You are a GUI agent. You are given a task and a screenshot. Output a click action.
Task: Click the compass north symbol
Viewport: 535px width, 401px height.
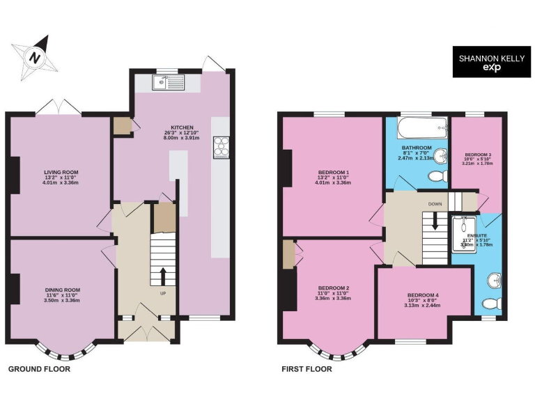click(x=33, y=56)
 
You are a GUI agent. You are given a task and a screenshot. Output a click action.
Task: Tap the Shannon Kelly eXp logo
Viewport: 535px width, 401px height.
click(x=486, y=62)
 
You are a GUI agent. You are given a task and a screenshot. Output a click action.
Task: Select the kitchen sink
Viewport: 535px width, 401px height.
click(x=166, y=84)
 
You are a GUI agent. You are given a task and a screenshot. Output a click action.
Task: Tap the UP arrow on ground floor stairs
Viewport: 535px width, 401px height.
click(x=162, y=276)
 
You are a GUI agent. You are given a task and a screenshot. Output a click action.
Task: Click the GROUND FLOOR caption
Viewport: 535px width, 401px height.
click(x=39, y=369)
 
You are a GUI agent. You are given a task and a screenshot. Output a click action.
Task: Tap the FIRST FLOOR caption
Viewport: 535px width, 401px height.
click(x=307, y=369)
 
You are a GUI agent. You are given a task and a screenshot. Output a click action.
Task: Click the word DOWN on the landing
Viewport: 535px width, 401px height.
click(x=435, y=204)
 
